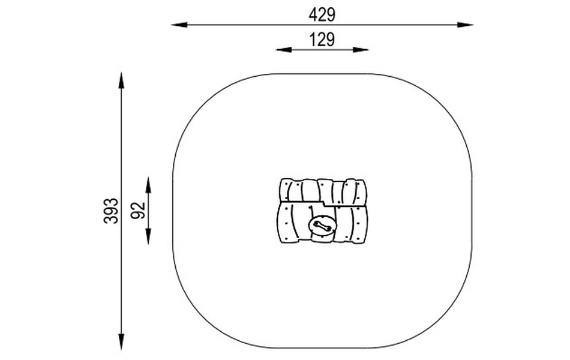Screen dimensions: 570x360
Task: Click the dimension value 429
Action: tap(322, 15)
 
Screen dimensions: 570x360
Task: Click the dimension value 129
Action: tap(322, 40)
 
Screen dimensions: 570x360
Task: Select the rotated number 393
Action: tap(111, 211)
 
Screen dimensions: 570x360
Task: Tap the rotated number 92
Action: tap(138, 211)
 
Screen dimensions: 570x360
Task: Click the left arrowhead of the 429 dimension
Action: tap(179, 25)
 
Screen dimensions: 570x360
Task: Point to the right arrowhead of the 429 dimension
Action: tap(465, 25)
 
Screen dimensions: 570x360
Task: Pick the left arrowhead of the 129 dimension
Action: tap(284, 49)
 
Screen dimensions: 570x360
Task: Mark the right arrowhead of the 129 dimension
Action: tap(361, 49)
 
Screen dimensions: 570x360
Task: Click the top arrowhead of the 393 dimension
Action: tap(121, 80)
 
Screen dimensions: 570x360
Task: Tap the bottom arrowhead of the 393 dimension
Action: tap(121, 341)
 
